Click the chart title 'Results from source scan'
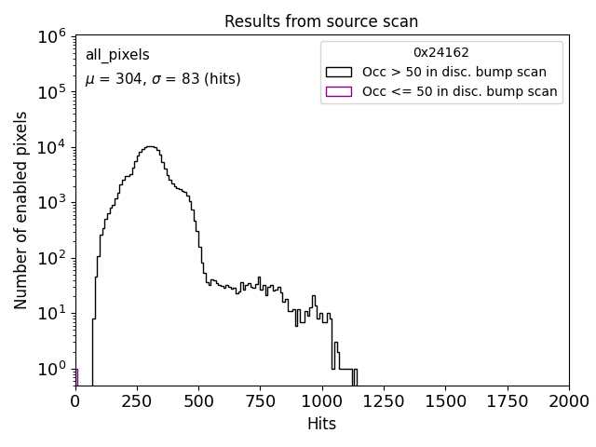coord(321,21)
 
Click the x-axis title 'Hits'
coord(321,424)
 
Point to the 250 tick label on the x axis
coord(137,401)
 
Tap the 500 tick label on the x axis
coord(198,401)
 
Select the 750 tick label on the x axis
coord(260,401)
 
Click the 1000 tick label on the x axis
coord(322,401)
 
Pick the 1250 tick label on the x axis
coord(384,401)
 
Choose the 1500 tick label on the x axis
coord(445,401)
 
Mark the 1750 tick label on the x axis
coord(507,401)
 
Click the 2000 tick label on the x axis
coord(568,401)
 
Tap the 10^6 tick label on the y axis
coord(50,36)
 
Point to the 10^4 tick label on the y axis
coord(50,147)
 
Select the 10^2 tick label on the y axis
coord(50,258)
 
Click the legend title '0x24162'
coord(441,52)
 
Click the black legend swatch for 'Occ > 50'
coord(338,72)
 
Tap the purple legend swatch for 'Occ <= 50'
coord(338,91)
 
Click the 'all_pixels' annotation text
coord(117,56)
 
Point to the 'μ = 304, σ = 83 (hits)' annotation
coord(163,80)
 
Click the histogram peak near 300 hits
coord(150,146)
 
